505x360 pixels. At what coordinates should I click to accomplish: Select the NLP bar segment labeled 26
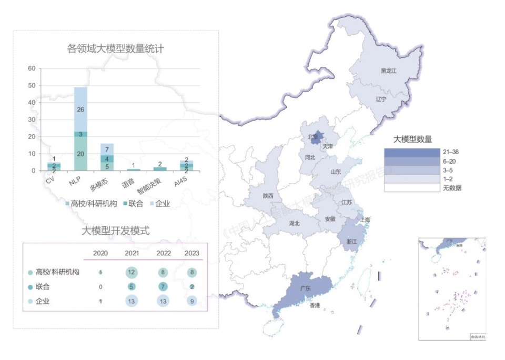coord(80,109)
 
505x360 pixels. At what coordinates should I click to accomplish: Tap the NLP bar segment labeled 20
coord(80,154)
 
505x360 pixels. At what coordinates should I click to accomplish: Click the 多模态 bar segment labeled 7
coord(107,150)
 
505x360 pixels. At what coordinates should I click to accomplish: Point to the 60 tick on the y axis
coord(32,68)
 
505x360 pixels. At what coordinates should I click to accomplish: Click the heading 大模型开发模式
coord(116,231)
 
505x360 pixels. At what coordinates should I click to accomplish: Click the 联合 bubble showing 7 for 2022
coord(164,287)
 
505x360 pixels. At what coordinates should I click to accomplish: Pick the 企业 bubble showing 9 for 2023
coord(193,302)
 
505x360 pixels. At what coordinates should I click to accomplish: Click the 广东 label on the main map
coord(305,288)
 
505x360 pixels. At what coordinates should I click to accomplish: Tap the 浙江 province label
coord(351,242)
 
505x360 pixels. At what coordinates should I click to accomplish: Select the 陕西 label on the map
coord(268,196)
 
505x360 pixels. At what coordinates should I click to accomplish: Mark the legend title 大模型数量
coord(413,139)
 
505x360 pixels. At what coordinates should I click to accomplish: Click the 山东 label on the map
coord(336,172)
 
